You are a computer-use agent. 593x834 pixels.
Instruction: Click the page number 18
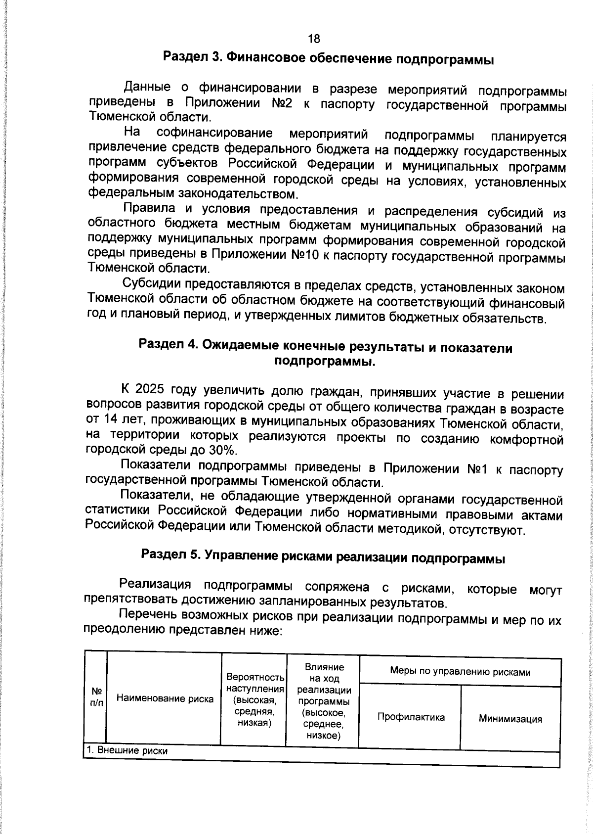click(x=314, y=39)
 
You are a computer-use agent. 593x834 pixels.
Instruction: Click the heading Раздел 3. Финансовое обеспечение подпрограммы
click(x=329, y=59)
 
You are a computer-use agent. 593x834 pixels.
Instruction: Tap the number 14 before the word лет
click(x=110, y=420)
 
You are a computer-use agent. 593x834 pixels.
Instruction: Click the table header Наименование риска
click(x=165, y=698)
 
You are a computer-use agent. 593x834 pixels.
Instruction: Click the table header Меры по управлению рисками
click(x=460, y=671)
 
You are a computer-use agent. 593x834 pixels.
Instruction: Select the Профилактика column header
click(x=411, y=717)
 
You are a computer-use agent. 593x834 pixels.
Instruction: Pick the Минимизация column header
click(x=510, y=719)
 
